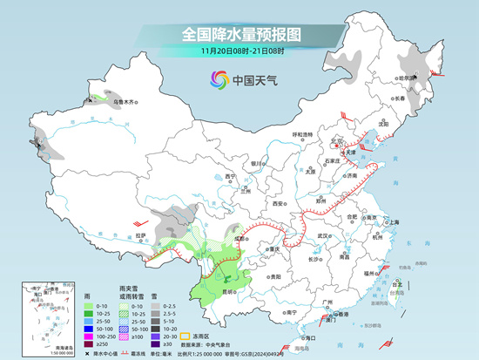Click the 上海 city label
392,222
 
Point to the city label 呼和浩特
301,134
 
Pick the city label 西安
277,203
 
